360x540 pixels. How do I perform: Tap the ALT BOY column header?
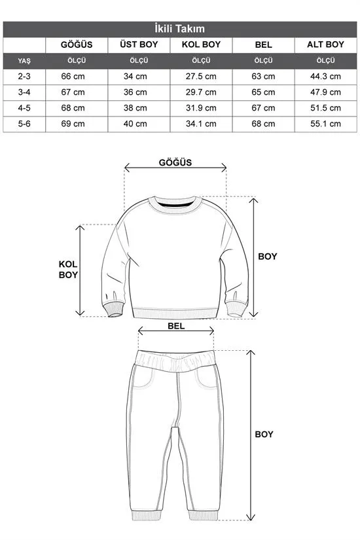click(325, 45)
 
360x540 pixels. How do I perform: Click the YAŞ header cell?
click(24, 61)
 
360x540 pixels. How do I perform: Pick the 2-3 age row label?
click(24, 77)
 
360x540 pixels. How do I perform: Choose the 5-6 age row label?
click(24, 124)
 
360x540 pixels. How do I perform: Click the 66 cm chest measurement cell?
click(73, 77)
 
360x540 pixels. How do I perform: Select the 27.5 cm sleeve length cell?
click(200, 77)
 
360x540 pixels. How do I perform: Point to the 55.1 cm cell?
click(326, 124)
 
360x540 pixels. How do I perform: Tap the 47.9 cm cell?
click(326, 92)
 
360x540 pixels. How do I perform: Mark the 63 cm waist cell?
click(263, 77)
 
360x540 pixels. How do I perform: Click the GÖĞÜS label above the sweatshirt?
click(175, 162)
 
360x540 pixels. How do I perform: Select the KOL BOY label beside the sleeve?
click(68, 269)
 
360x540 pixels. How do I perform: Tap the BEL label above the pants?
click(175, 325)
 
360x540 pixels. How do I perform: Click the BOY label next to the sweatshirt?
click(267, 257)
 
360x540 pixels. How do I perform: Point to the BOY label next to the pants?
click(264, 434)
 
